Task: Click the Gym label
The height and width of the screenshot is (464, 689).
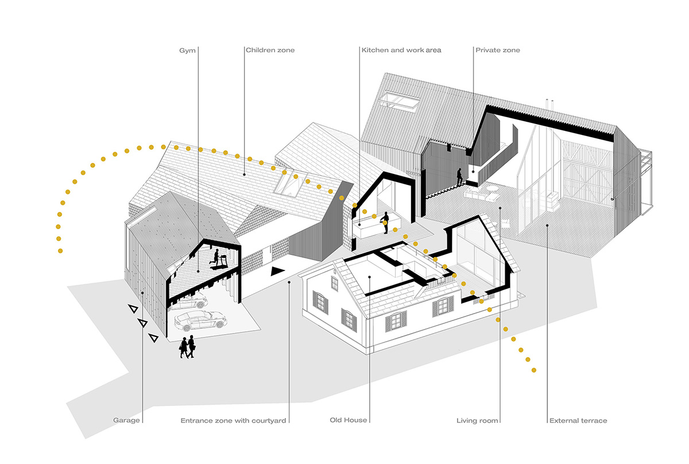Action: coord(188,51)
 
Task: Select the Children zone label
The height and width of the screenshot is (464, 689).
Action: coord(270,51)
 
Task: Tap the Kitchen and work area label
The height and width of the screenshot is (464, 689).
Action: coord(401,51)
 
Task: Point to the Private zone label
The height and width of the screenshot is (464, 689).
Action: coord(497,51)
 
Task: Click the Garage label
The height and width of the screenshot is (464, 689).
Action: coord(126,421)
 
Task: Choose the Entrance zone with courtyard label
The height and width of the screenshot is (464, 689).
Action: coord(233,421)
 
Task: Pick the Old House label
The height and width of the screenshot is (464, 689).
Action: coord(349,421)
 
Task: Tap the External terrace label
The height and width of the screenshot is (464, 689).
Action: coord(578,421)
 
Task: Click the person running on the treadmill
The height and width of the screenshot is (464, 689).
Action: coord(216,260)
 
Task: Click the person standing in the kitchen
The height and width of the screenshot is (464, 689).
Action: coord(386,222)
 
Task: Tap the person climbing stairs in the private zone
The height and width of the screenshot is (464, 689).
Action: coord(459,176)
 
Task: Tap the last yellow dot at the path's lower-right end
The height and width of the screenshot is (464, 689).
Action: coord(534,370)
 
